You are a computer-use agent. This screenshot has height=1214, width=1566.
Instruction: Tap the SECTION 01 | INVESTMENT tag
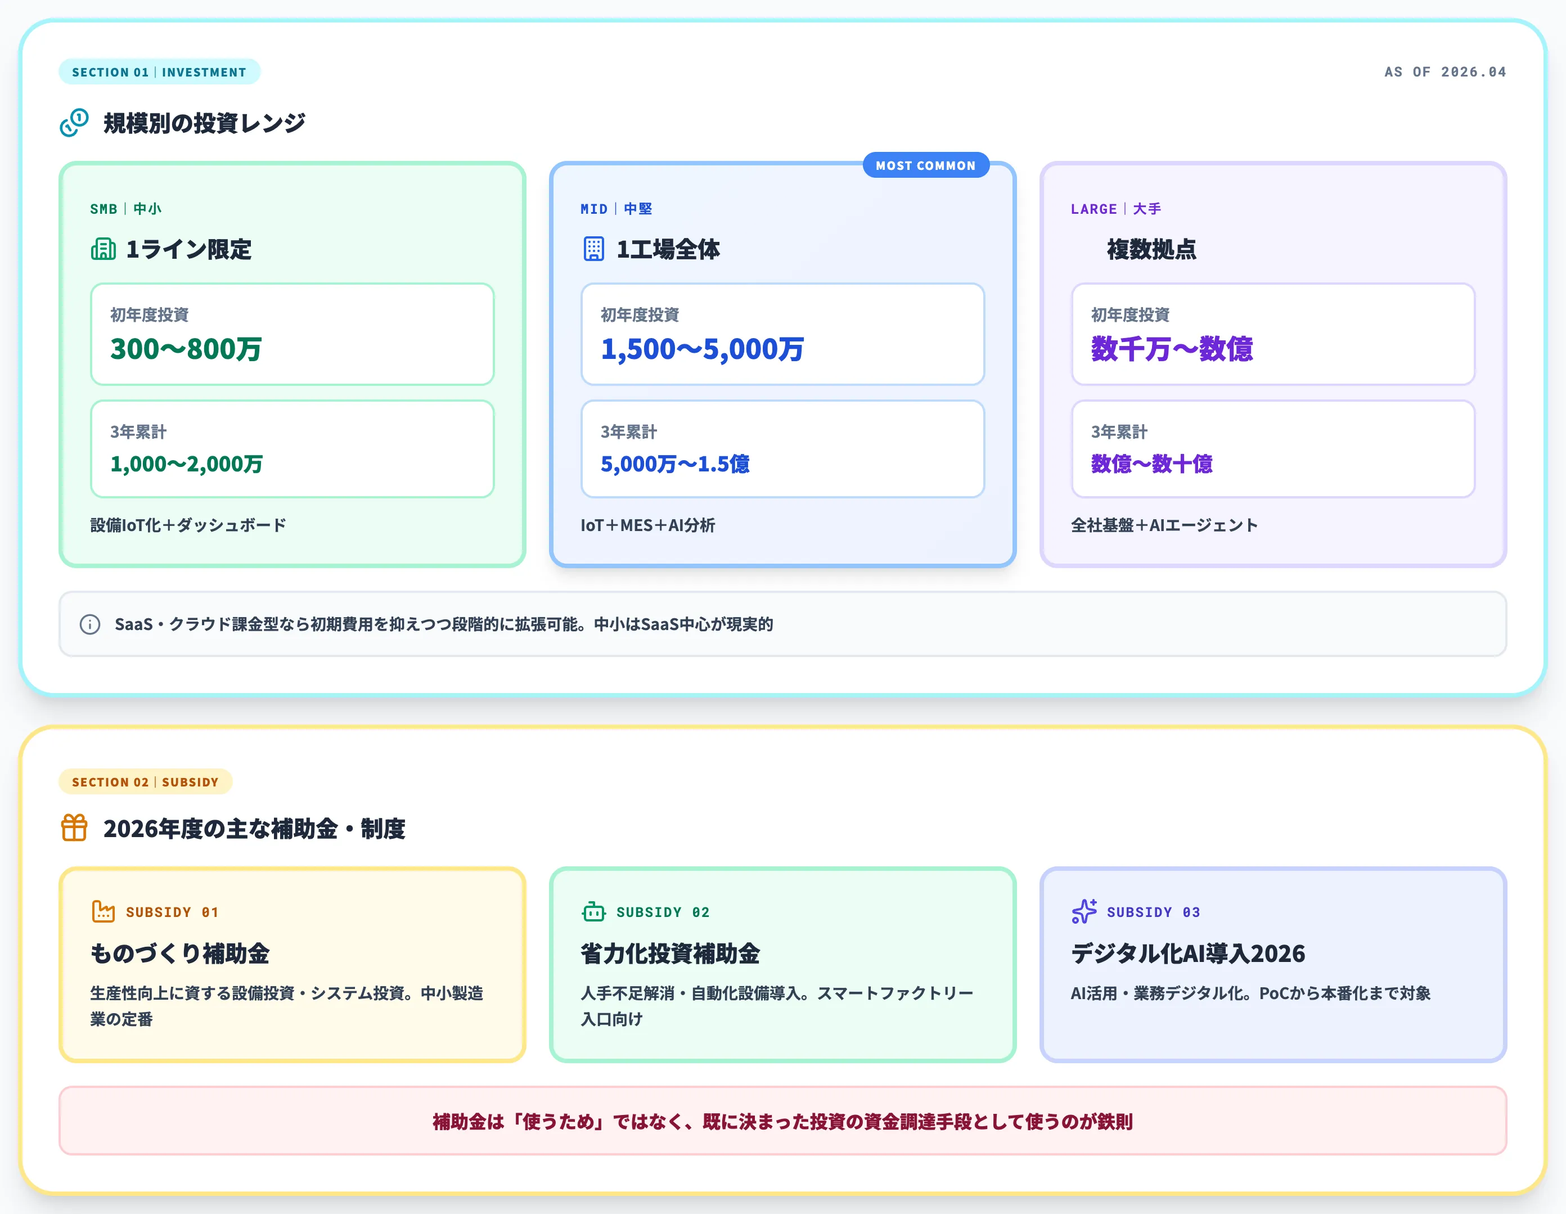159,71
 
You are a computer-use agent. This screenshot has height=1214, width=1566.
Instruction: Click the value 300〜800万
186,349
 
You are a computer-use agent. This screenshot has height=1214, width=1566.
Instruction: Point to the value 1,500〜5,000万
702,349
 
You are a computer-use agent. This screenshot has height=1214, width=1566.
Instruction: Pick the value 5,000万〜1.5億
675,464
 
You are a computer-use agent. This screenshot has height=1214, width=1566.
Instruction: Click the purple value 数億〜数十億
1151,464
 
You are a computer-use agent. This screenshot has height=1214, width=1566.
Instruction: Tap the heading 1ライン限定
188,250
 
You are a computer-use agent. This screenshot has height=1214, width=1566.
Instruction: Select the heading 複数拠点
1151,250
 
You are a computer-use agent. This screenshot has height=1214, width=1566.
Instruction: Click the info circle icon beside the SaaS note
89,624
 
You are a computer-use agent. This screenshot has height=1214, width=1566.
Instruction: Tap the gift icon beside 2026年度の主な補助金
74,828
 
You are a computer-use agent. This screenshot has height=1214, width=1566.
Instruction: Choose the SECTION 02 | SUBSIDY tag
145,781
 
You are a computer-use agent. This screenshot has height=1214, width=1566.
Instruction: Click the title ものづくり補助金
180,954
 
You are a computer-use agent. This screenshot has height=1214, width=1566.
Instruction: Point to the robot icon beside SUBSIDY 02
593,911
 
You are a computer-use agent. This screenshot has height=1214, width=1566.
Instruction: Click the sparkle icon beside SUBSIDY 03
1084,911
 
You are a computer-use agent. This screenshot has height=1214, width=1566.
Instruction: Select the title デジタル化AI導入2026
1187,954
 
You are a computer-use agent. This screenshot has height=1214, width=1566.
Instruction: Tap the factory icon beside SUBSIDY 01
103,911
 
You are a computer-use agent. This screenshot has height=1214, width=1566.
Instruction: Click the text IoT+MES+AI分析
647,525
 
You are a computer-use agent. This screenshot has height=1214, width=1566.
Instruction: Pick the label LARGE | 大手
1115,209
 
